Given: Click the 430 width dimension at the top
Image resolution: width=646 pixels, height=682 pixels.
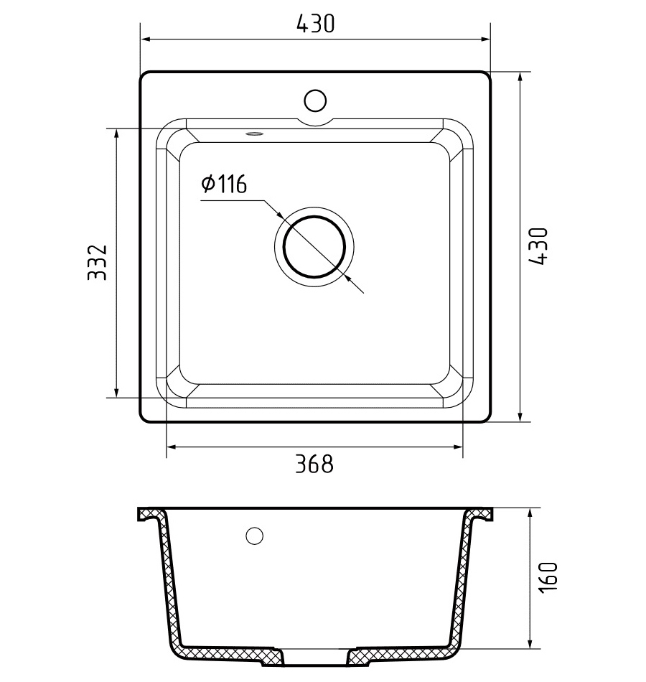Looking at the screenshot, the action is pyautogui.click(x=315, y=24).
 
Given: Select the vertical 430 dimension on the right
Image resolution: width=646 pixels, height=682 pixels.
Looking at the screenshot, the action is pyautogui.click(x=538, y=246).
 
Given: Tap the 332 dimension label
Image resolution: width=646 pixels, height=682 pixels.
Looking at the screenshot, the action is pyautogui.click(x=97, y=262).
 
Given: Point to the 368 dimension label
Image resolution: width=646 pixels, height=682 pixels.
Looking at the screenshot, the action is pyautogui.click(x=314, y=464).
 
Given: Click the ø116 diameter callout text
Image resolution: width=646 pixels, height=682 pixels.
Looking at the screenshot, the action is pyautogui.click(x=224, y=184).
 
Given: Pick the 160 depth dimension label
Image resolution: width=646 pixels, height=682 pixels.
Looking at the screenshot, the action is pyautogui.click(x=547, y=576).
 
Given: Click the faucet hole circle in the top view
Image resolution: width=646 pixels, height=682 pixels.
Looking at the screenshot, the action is pyautogui.click(x=315, y=101).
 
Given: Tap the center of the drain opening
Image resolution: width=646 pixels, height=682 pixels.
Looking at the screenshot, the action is pyautogui.click(x=314, y=247).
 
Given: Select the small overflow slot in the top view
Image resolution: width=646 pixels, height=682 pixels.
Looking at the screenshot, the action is pyautogui.click(x=254, y=134).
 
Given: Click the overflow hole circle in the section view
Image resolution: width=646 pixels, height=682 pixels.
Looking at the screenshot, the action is pyautogui.click(x=255, y=536).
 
